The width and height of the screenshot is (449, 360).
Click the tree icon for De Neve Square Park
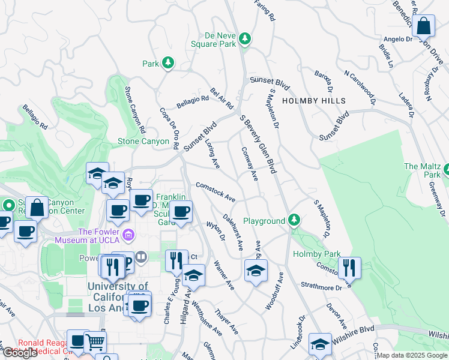click(x=244, y=39)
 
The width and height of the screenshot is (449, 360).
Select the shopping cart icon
click(x=94, y=343)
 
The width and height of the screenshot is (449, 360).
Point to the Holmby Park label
click(x=316, y=254)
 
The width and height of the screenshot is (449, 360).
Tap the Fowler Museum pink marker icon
click(x=128, y=233)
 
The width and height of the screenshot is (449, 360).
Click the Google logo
click(x=20, y=353)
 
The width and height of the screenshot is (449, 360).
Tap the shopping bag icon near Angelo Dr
click(x=424, y=26)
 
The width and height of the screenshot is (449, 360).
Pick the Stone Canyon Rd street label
click(x=135, y=110)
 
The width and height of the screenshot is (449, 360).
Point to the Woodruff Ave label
click(x=274, y=292)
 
